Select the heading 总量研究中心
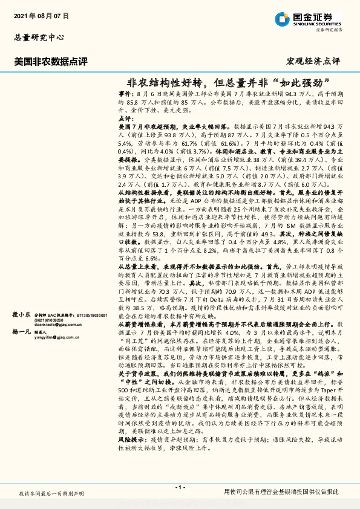[39, 37]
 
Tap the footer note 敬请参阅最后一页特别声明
[51, 494]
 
